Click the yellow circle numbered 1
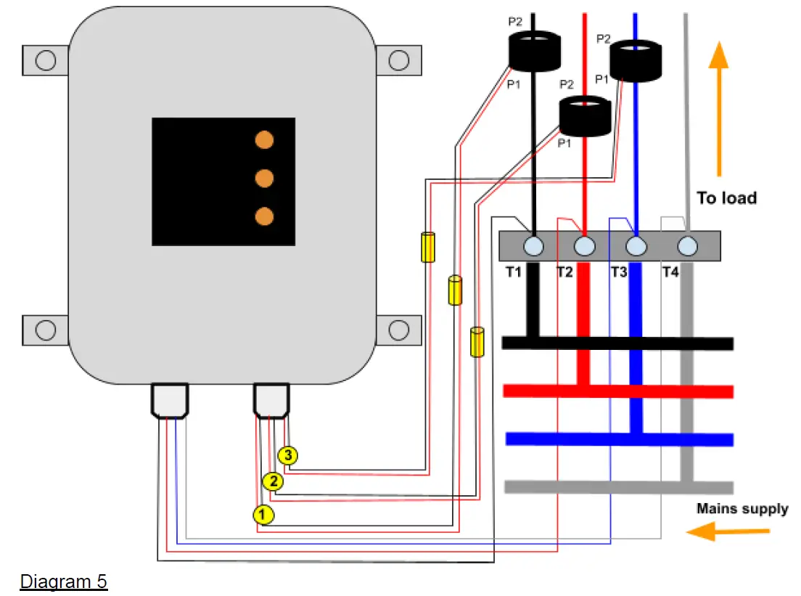(x=263, y=515)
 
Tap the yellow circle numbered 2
(x=273, y=481)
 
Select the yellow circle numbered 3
(x=289, y=456)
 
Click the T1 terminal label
(x=514, y=272)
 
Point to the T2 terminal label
(x=564, y=272)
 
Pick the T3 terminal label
(x=618, y=272)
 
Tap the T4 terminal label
(x=670, y=272)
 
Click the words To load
(x=726, y=197)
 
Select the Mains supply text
(x=742, y=508)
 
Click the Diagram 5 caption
(x=64, y=581)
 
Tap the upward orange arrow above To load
(x=718, y=108)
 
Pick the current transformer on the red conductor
(x=585, y=116)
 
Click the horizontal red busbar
(x=617, y=391)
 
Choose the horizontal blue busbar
(x=617, y=439)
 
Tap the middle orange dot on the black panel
(x=265, y=178)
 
